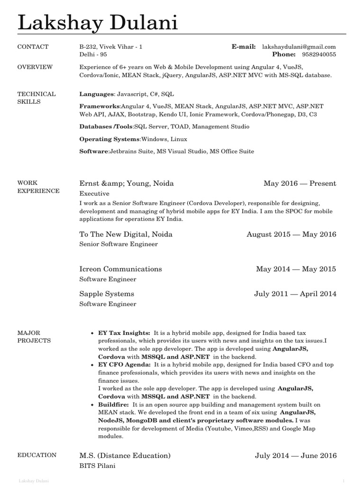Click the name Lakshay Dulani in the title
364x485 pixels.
click(98, 23)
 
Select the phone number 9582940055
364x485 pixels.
click(318, 55)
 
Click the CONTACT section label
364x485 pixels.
click(33, 47)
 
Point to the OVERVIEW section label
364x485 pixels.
click(35, 67)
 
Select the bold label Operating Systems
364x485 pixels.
click(109, 139)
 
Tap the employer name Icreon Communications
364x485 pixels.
click(120, 269)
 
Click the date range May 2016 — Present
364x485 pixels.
click(300, 183)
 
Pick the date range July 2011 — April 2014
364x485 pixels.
click(295, 294)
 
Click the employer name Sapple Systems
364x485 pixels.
click(107, 294)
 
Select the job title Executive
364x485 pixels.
click(94, 194)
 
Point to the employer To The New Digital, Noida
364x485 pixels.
click(126, 234)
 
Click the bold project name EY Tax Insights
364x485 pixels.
click(124, 333)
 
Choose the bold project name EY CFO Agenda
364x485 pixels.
click(125, 365)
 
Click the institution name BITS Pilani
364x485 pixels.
click(97, 466)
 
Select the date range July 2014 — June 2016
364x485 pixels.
click(296, 456)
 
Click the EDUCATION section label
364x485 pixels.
click(36, 455)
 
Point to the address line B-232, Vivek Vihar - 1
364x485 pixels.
click(110, 47)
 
